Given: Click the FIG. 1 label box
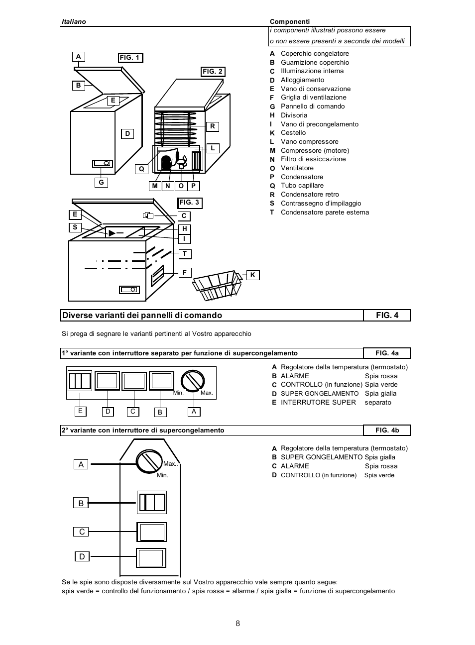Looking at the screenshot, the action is tap(130, 58).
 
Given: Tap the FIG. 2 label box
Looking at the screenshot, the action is tap(213, 72).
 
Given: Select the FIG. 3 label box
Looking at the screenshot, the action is tap(190, 203).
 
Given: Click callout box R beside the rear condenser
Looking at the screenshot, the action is tap(213, 126).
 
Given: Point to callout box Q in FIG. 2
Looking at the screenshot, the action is tap(141, 169).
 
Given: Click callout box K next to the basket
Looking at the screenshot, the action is tap(252, 275).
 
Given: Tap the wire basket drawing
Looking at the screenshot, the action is tap(218, 285).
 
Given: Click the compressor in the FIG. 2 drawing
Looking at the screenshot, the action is tap(166, 163).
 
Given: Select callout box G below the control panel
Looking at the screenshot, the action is tap(101, 183).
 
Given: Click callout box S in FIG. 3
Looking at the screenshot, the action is tap(75, 227).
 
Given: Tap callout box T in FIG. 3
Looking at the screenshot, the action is tap(185, 254).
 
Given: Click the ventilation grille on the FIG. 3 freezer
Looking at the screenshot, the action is tap(157, 275).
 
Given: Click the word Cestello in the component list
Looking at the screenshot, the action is tap(293, 133).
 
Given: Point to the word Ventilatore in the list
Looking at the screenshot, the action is tap(297, 168).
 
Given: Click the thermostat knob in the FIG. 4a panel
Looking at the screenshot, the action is tap(193, 381).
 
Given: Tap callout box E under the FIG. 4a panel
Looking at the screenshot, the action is tap(80, 411).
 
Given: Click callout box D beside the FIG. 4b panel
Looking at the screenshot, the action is tap(82, 556).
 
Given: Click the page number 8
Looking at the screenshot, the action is tap(237, 624).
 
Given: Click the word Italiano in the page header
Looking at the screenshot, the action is tap(74, 21).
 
